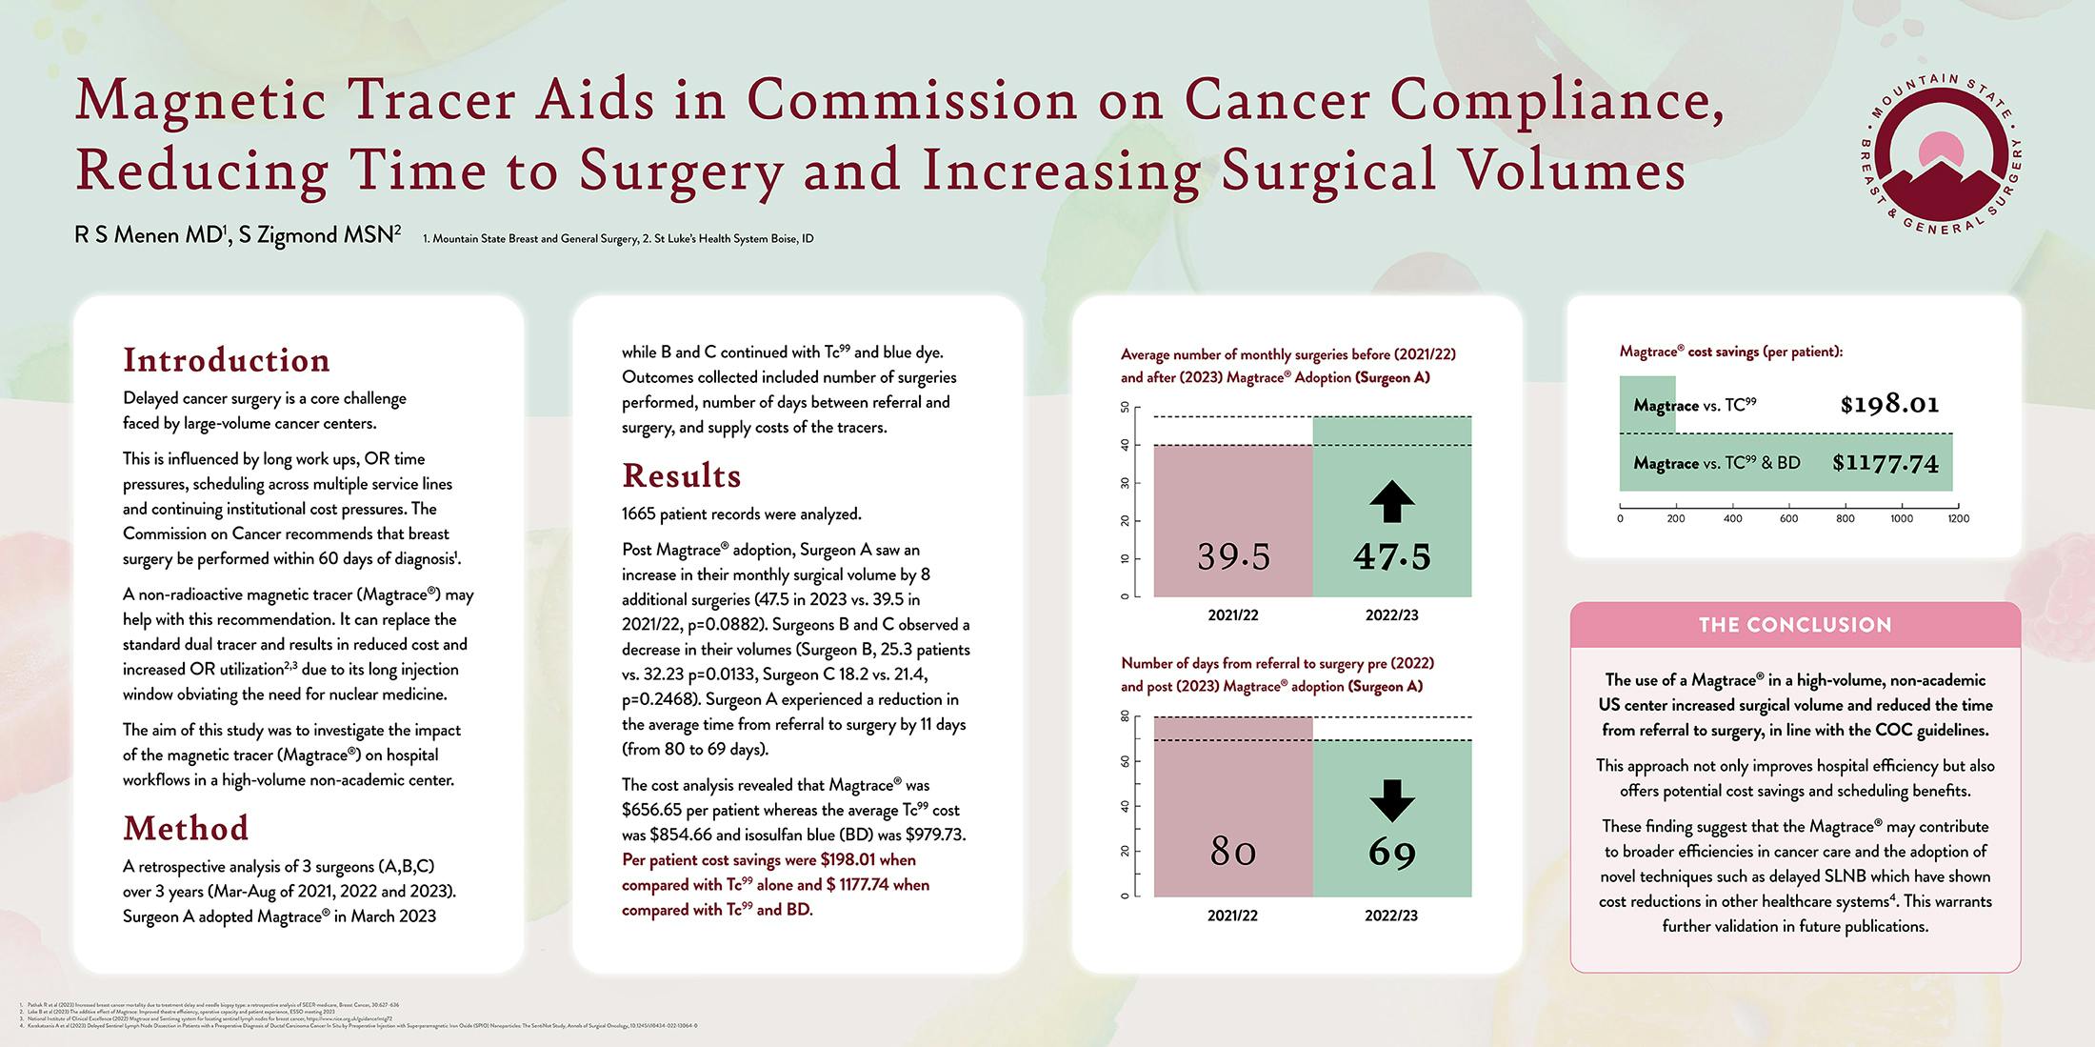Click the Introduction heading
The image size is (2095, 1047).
(x=227, y=360)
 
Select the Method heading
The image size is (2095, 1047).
(x=186, y=828)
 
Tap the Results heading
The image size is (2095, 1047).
(x=681, y=475)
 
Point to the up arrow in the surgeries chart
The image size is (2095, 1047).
(x=1391, y=501)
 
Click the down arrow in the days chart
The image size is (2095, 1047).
(x=1391, y=800)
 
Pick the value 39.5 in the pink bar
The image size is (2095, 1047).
(x=1233, y=556)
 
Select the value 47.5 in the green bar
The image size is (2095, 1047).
(x=1391, y=556)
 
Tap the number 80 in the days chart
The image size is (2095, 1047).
(x=1233, y=851)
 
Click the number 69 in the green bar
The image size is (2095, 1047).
(x=1391, y=852)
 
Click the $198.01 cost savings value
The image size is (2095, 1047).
(x=1889, y=405)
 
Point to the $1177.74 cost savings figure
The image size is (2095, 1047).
(x=1885, y=463)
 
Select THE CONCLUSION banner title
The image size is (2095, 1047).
(x=1795, y=625)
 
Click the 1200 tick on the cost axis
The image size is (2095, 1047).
(x=1958, y=518)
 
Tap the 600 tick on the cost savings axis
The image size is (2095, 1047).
(x=1788, y=518)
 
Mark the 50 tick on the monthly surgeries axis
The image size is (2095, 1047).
(x=1125, y=408)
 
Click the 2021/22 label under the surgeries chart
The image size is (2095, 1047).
(x=1233, y=615)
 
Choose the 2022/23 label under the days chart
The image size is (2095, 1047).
(x=1390, y=916)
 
